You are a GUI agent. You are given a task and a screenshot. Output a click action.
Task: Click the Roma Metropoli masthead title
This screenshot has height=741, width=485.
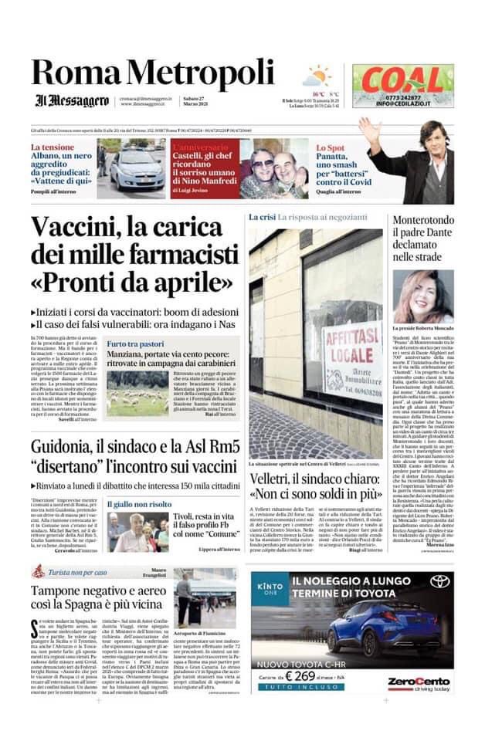click(x=152, y=73)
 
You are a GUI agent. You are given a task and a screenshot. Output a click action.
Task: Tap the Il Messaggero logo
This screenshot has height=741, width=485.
click(x=71, y=100)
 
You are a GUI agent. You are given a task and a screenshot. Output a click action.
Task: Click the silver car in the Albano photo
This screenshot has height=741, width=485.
click(x=137, y=169)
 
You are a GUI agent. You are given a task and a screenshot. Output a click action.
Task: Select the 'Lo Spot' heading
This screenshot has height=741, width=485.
click(x=332, y=147)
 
